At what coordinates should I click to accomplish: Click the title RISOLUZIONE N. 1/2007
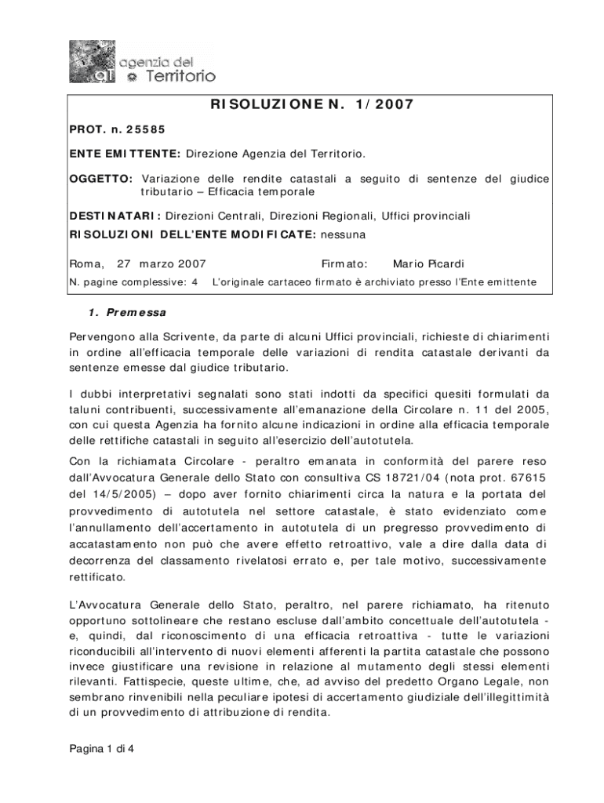pos(311,104)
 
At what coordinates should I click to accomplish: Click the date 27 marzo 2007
pos(161,263)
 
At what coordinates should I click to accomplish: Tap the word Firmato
pos(344,263)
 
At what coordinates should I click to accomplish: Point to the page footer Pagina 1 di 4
pos(102,748)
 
